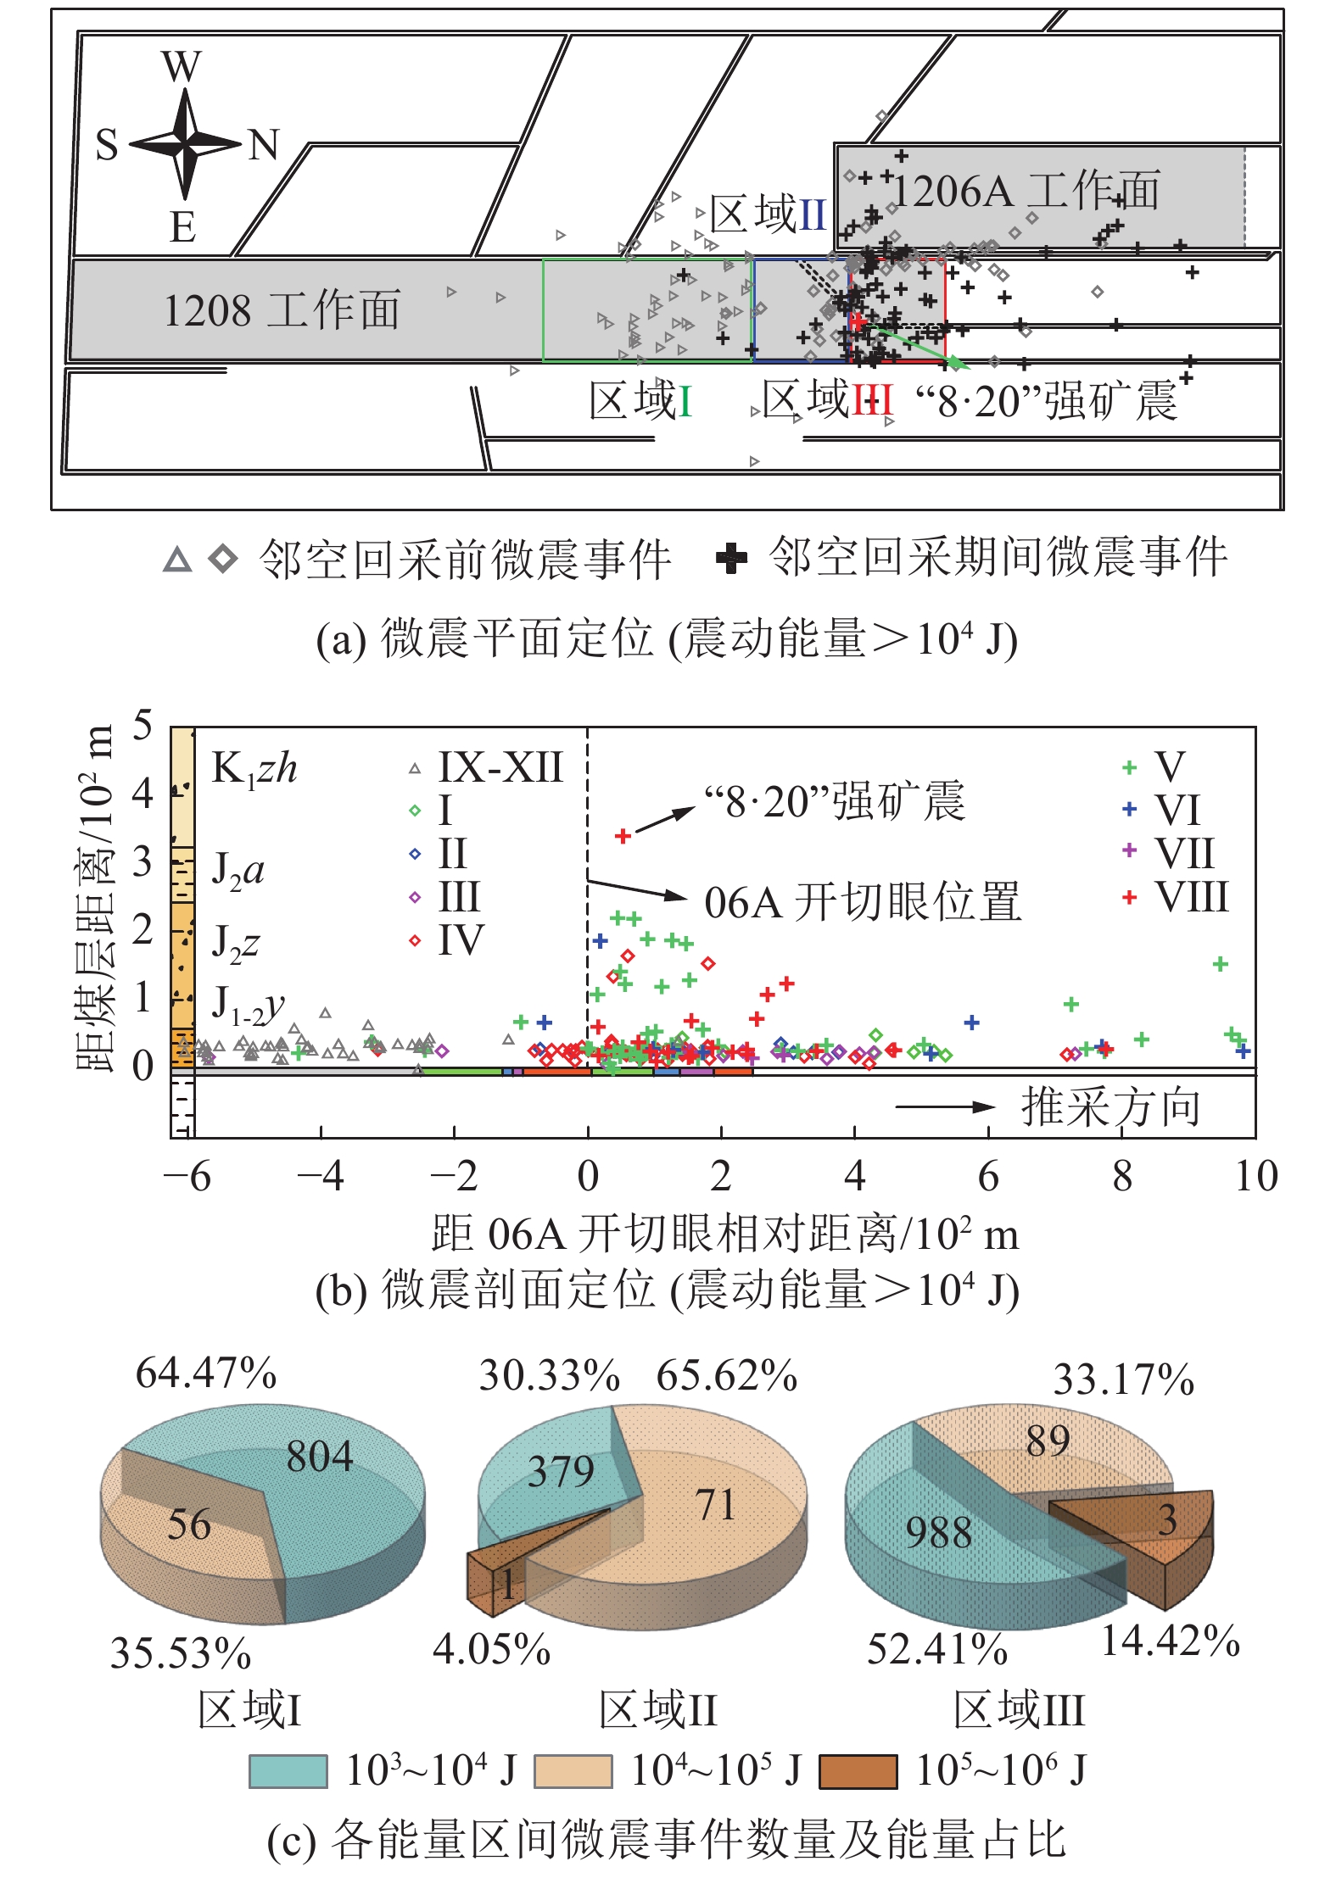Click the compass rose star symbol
click(185, 144)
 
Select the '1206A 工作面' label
click(1026, 192)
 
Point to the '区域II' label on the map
click(768, 214)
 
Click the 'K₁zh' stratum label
click(254, 769)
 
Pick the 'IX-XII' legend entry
click(500, 768)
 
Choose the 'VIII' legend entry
click(1191, 897)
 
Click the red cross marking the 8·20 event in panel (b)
click(623, 836)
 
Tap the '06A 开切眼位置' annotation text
click(862, 902)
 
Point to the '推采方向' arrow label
click(1110, 1107)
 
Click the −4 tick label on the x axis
click(320, 1177)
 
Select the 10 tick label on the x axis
click(1255, 1177)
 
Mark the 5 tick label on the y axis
click(143, 726)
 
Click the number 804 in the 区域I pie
click(319, 1456)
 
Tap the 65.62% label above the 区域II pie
click(726, 1375)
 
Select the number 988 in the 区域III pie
click(938, 1532)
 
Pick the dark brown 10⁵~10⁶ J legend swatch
click(858, 1771)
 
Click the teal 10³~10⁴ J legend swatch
click(288, 1771)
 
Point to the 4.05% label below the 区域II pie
click(491, 1649)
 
